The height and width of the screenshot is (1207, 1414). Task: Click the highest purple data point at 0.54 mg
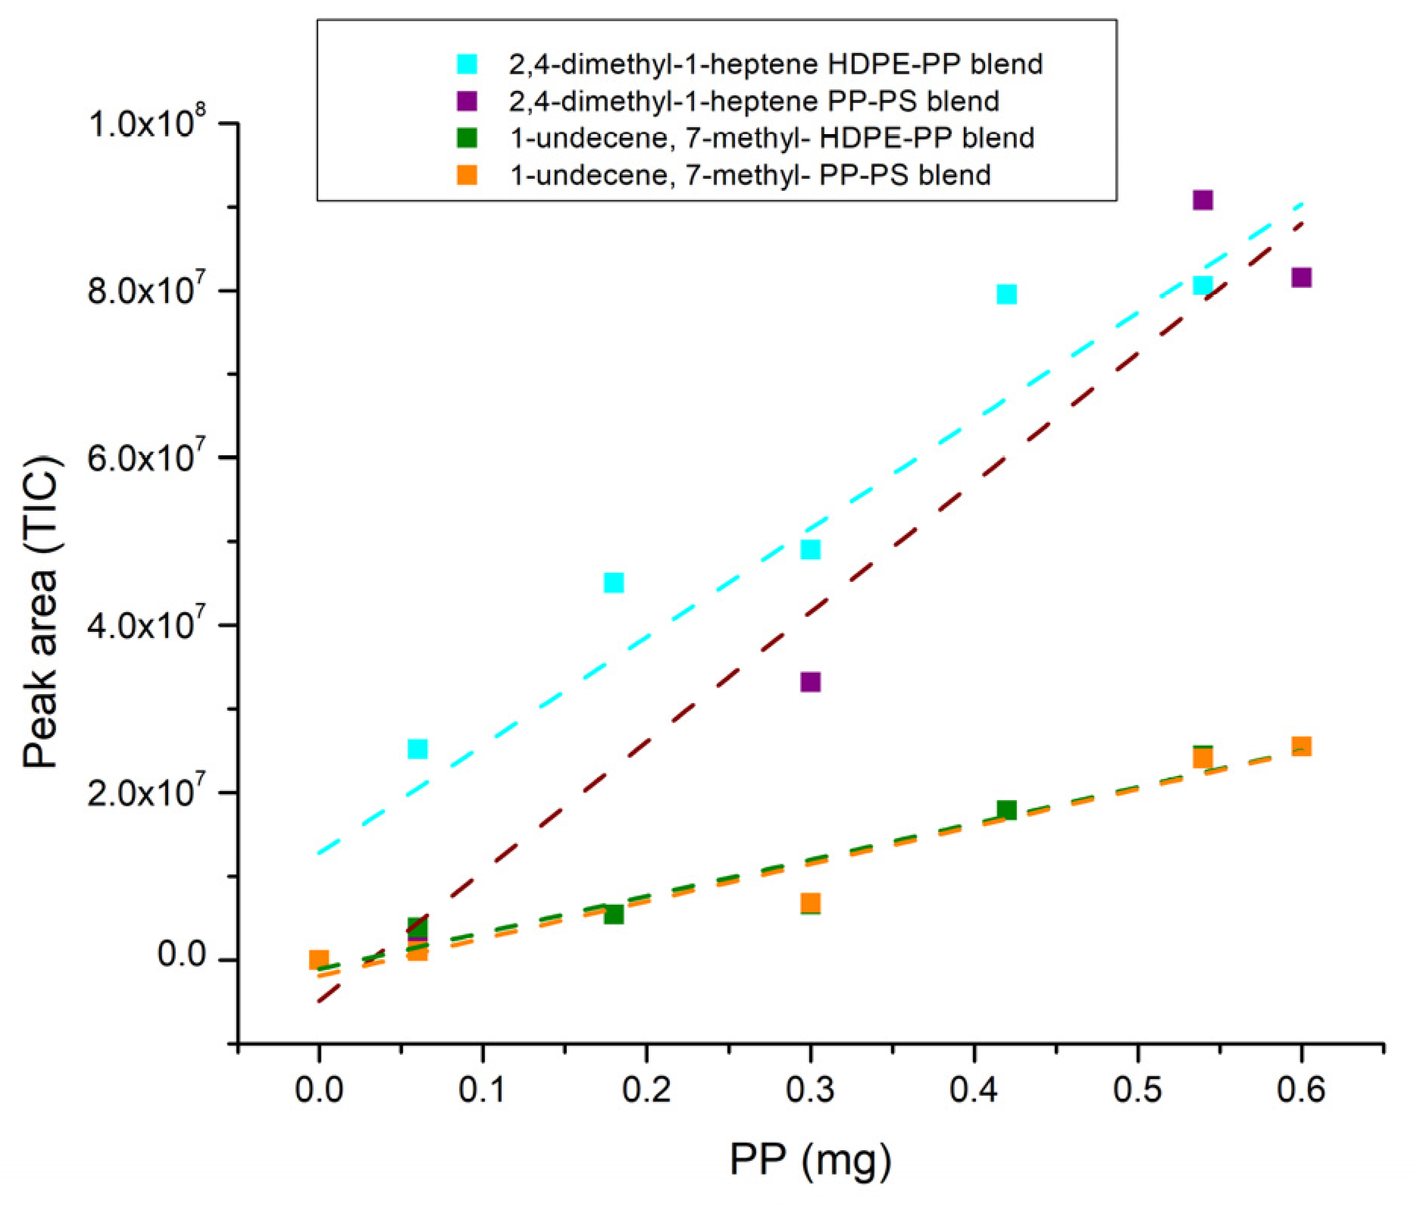[x=1203, y=200]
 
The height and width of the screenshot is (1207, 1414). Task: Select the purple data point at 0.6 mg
[x=1301, y=277]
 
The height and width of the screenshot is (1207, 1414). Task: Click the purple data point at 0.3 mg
[x=810, y=682]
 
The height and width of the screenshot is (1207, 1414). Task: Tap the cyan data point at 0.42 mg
[x=1006, y=294]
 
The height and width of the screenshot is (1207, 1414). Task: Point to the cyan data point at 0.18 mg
[x=614, y=583]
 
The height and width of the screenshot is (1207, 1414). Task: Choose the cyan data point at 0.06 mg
[x=418, y=749]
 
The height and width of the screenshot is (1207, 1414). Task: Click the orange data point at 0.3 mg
[x=810, y=902]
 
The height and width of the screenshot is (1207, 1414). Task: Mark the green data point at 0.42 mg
[x=1006, y=810]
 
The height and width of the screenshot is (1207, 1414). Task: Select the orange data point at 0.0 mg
[x=319, y=959]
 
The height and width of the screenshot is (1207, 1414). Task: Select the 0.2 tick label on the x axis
[x=646, y=1092]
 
